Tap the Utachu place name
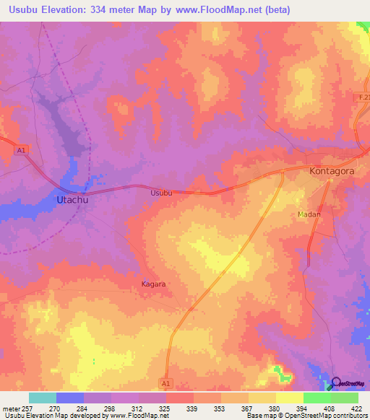pyautogui.click(x=72, y=199)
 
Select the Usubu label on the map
pyautogui.click(x=161, y=193)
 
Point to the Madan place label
pyautogui.click(x=309, y=214)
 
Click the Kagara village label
pyautogui.click(x=152, y=284)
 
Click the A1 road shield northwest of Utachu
pyautogui.click(x=22, y=149)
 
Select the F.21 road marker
pyautogui.click(x=363, y=97)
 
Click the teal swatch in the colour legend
pyautogui.click(x=43, y=398)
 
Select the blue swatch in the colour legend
pyautogui.click(x=70, y=398)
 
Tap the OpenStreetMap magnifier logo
pyautogui.click(x=336, y=382)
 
